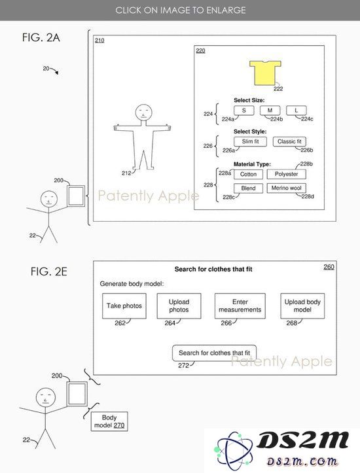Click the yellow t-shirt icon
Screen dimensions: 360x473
pyautogui.click(x=265, y=73)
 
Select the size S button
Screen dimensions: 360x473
pyautogui.click(x=244, y=111)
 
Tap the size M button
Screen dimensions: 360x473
pyautogui.click(x=270, y=111)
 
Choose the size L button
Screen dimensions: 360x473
pyautogui.click(x=296, y=111)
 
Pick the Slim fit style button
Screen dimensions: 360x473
pyautogui.click(x=250, y=141)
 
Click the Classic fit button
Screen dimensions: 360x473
pyautogui.click(x=289, y=141)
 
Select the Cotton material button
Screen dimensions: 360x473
pyautogui.click(x=248, y=174)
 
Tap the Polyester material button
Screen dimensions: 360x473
pyautogui.click(x=287, y=174)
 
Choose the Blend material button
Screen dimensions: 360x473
pyautogui.click(x=248, y=188)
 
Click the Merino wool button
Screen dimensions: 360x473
pyautogui.click(x=287, y=188)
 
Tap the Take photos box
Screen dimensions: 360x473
pyautogui.click(x=124, y=306)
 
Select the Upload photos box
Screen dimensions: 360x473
pyautogui.click(x=179, y=306)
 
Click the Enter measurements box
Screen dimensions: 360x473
pyautogui.click(x=240, y=306)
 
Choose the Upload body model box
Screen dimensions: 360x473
pyautogui.click(x=302, y=306)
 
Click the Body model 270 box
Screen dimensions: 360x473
pyautogui.click(x=109, y=421)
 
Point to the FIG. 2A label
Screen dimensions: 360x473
pyautogui.click(x=41, y=38)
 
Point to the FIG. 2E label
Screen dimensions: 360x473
pyautogui.click(x=49, y=272)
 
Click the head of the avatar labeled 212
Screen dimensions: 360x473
pyautogui.click(x=143, y=113)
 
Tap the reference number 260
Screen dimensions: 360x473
pyautogui.click(x=329, y=267)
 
